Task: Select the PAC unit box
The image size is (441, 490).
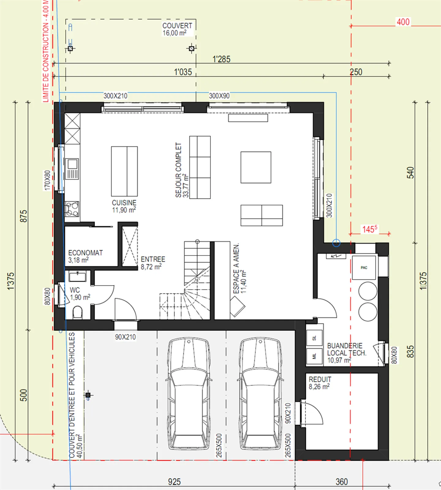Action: point(364,268)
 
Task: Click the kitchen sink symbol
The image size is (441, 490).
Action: point(72,169)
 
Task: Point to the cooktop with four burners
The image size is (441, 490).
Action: point(72,209)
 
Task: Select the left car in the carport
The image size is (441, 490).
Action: point(189,393)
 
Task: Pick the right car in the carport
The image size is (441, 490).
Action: point(260,393)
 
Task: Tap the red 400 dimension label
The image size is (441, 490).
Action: point(403,22)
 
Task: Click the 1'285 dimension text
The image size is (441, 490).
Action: point(221,59)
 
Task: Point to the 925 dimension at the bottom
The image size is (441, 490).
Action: point(174,482)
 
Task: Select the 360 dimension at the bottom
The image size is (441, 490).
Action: point(342,482)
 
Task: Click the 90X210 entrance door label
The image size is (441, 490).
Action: point(125,337)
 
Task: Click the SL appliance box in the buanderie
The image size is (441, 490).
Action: point(315,338)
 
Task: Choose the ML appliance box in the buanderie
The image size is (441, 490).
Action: point(315,356)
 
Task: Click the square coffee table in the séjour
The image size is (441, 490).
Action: point(256,167)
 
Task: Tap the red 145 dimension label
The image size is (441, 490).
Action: point(370,229)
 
